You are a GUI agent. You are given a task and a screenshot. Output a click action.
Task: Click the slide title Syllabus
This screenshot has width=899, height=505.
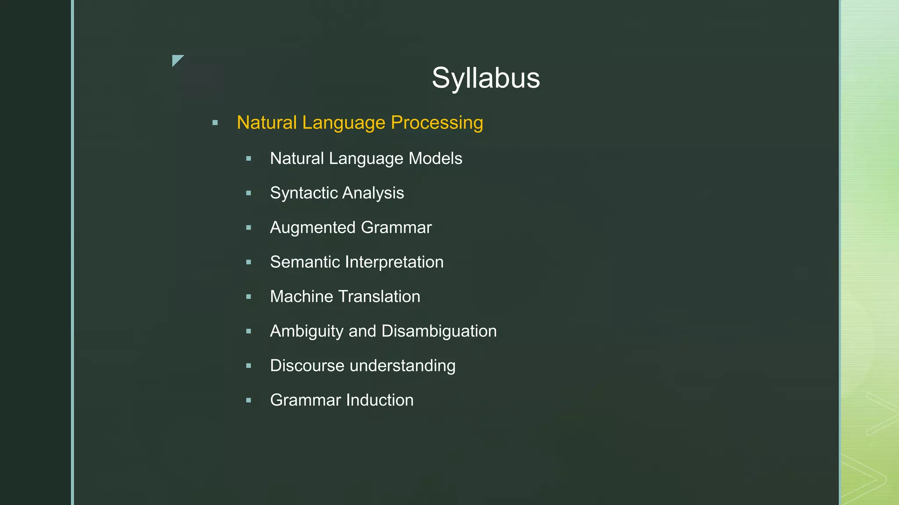(485, 78)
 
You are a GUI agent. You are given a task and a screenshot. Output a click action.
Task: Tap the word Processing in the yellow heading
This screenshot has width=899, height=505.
(437, 123)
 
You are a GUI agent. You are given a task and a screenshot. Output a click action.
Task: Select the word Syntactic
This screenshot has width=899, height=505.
(303, 193)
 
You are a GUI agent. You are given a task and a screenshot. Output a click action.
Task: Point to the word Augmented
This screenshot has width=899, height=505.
(313, 228)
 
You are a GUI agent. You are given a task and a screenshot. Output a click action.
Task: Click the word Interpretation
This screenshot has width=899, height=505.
(394, 262)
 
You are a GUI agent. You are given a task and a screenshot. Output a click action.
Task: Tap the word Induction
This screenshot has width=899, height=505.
(380, 400)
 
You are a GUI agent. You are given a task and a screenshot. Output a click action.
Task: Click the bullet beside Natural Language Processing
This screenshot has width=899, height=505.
(215, 123)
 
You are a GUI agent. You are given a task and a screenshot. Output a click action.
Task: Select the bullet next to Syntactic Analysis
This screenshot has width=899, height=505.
(249, 193)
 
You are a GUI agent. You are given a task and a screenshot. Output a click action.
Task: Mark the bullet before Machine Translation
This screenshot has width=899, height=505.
(249, 297)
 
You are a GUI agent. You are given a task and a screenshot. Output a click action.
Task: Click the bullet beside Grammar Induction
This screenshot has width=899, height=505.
(249, 400)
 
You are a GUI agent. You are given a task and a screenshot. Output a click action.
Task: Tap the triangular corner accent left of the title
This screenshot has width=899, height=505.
(176, 60)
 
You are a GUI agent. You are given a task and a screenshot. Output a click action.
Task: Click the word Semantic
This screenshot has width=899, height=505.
(305, 262)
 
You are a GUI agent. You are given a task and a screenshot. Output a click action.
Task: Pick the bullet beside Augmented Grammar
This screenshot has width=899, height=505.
(249, 228)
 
